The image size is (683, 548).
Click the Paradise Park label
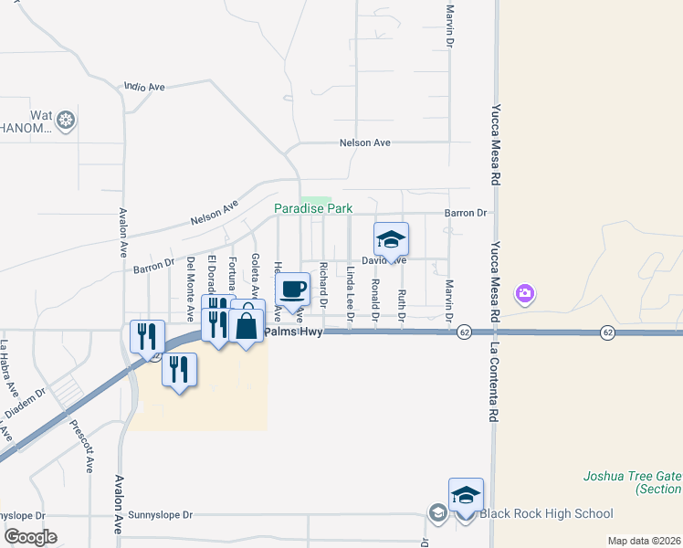313,209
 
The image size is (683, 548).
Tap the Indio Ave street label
144,88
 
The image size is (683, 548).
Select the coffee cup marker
292,290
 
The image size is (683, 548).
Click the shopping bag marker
247,325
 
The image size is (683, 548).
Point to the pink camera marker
524,293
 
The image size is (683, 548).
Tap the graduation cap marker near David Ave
391,239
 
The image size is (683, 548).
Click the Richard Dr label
323,283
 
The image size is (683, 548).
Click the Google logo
29,536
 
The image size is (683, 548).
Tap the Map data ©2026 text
643,541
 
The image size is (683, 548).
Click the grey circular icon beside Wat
66,119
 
